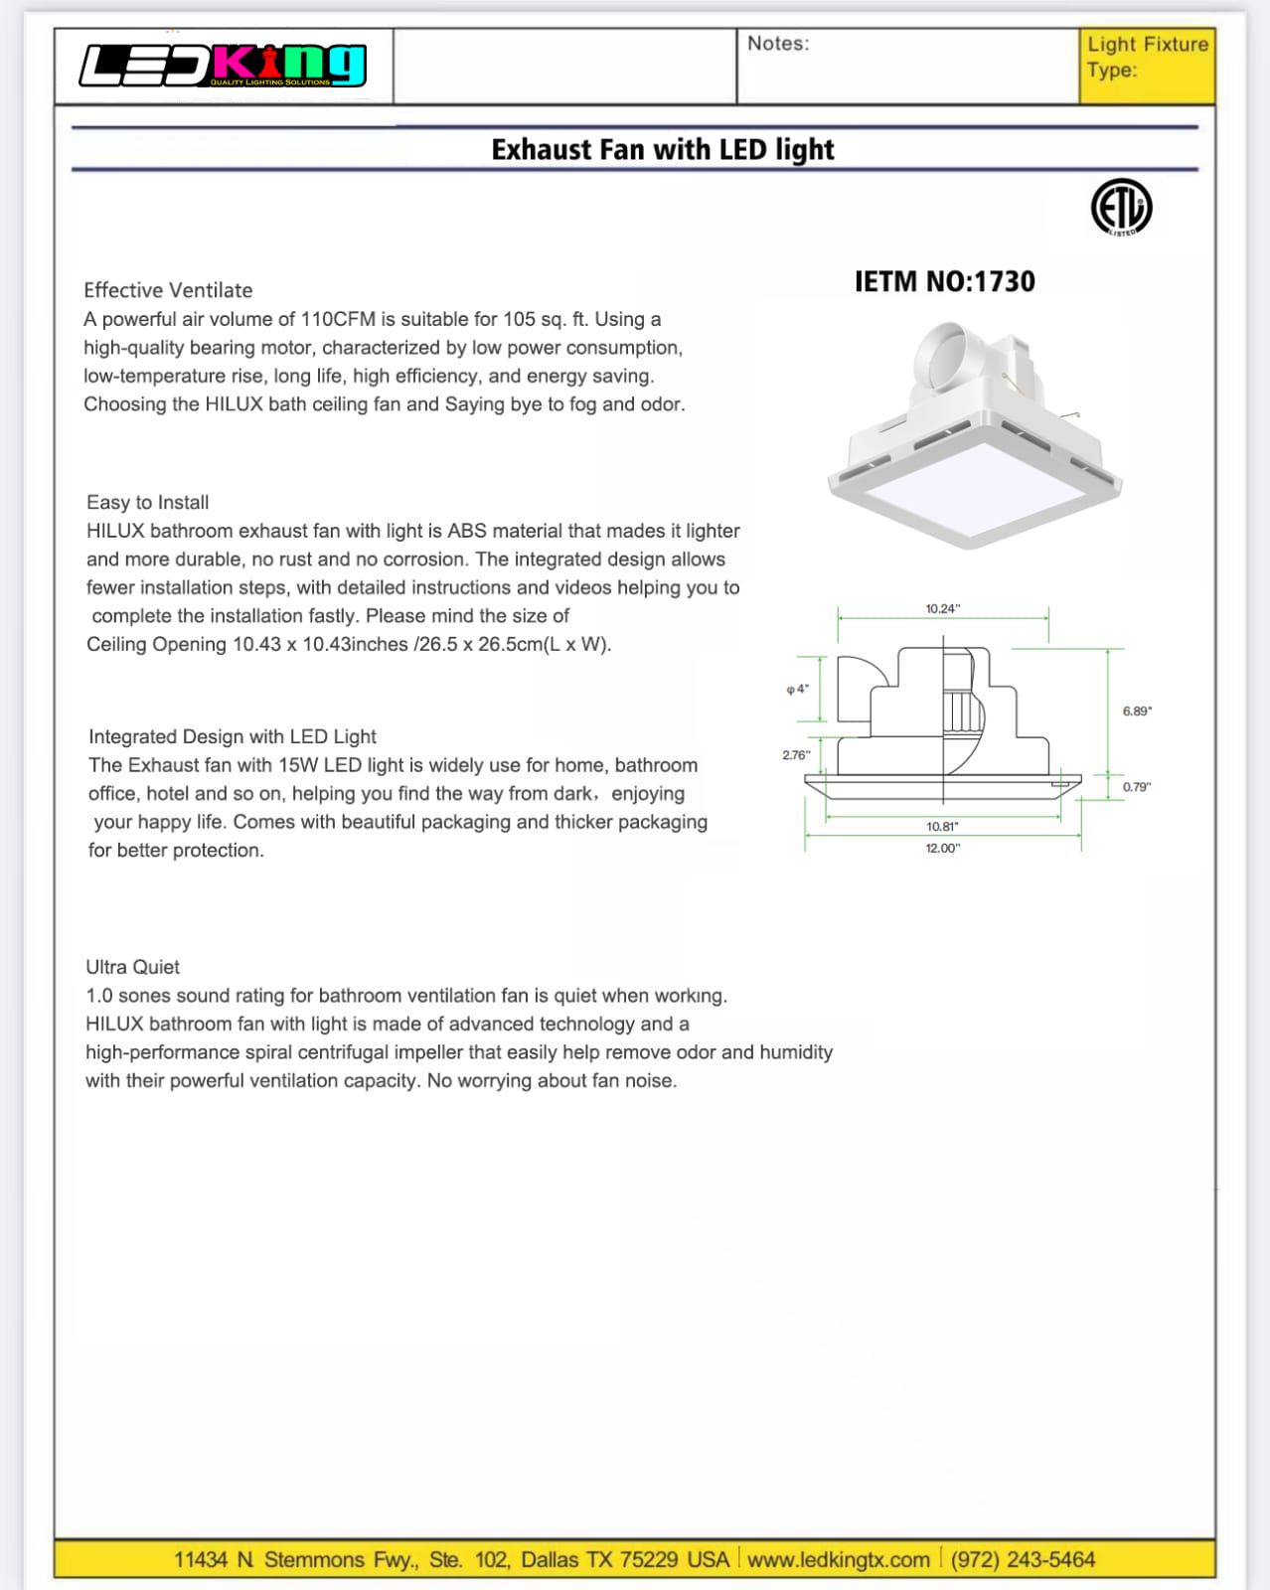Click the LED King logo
point(223,66)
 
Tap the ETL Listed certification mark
point(1121,208)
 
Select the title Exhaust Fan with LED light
point(663,150)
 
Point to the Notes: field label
point(778,44)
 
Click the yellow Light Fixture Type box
point(1147,66)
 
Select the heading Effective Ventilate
point(168,290)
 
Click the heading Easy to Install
point(147,502)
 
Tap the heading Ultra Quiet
point(132,967)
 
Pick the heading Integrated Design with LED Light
point(233,736)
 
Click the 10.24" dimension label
point(942,608)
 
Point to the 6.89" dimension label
point(1137,711)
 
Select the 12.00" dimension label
point(942,848)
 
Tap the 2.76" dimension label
point(796,755)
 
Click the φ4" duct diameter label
point(797,689)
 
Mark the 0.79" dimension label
point(1137,787)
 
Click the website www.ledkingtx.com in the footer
point(839,1559)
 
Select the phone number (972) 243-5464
point(1023,1559)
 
